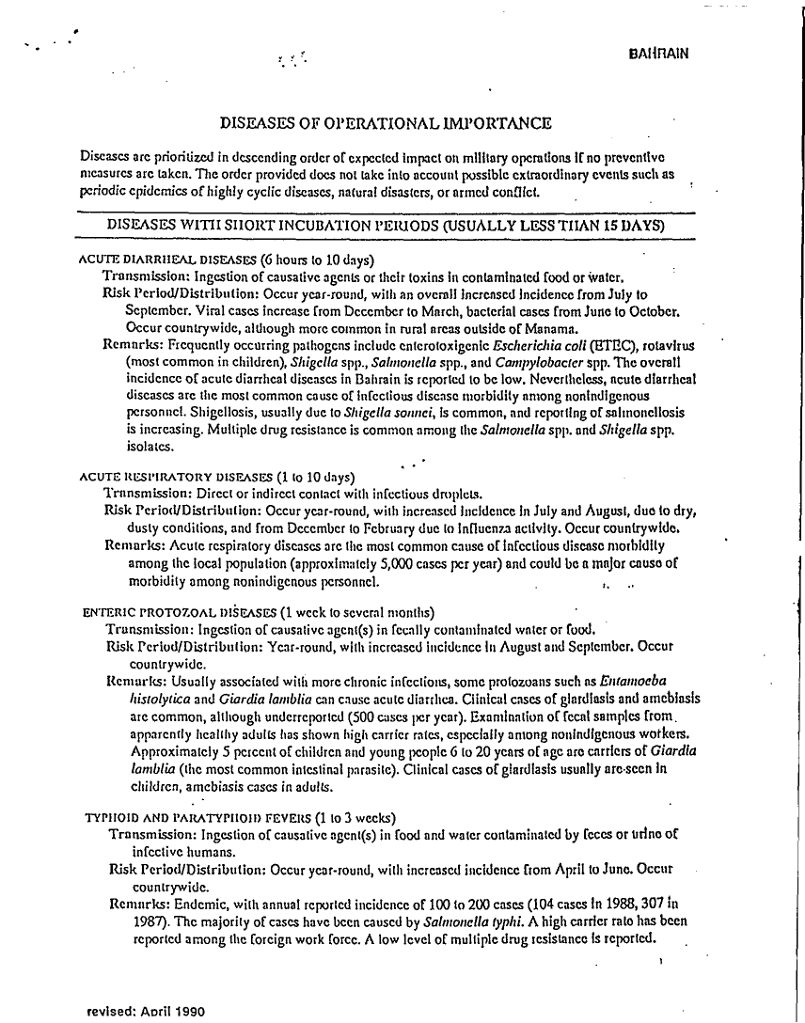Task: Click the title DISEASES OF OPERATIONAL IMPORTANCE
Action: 386,123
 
